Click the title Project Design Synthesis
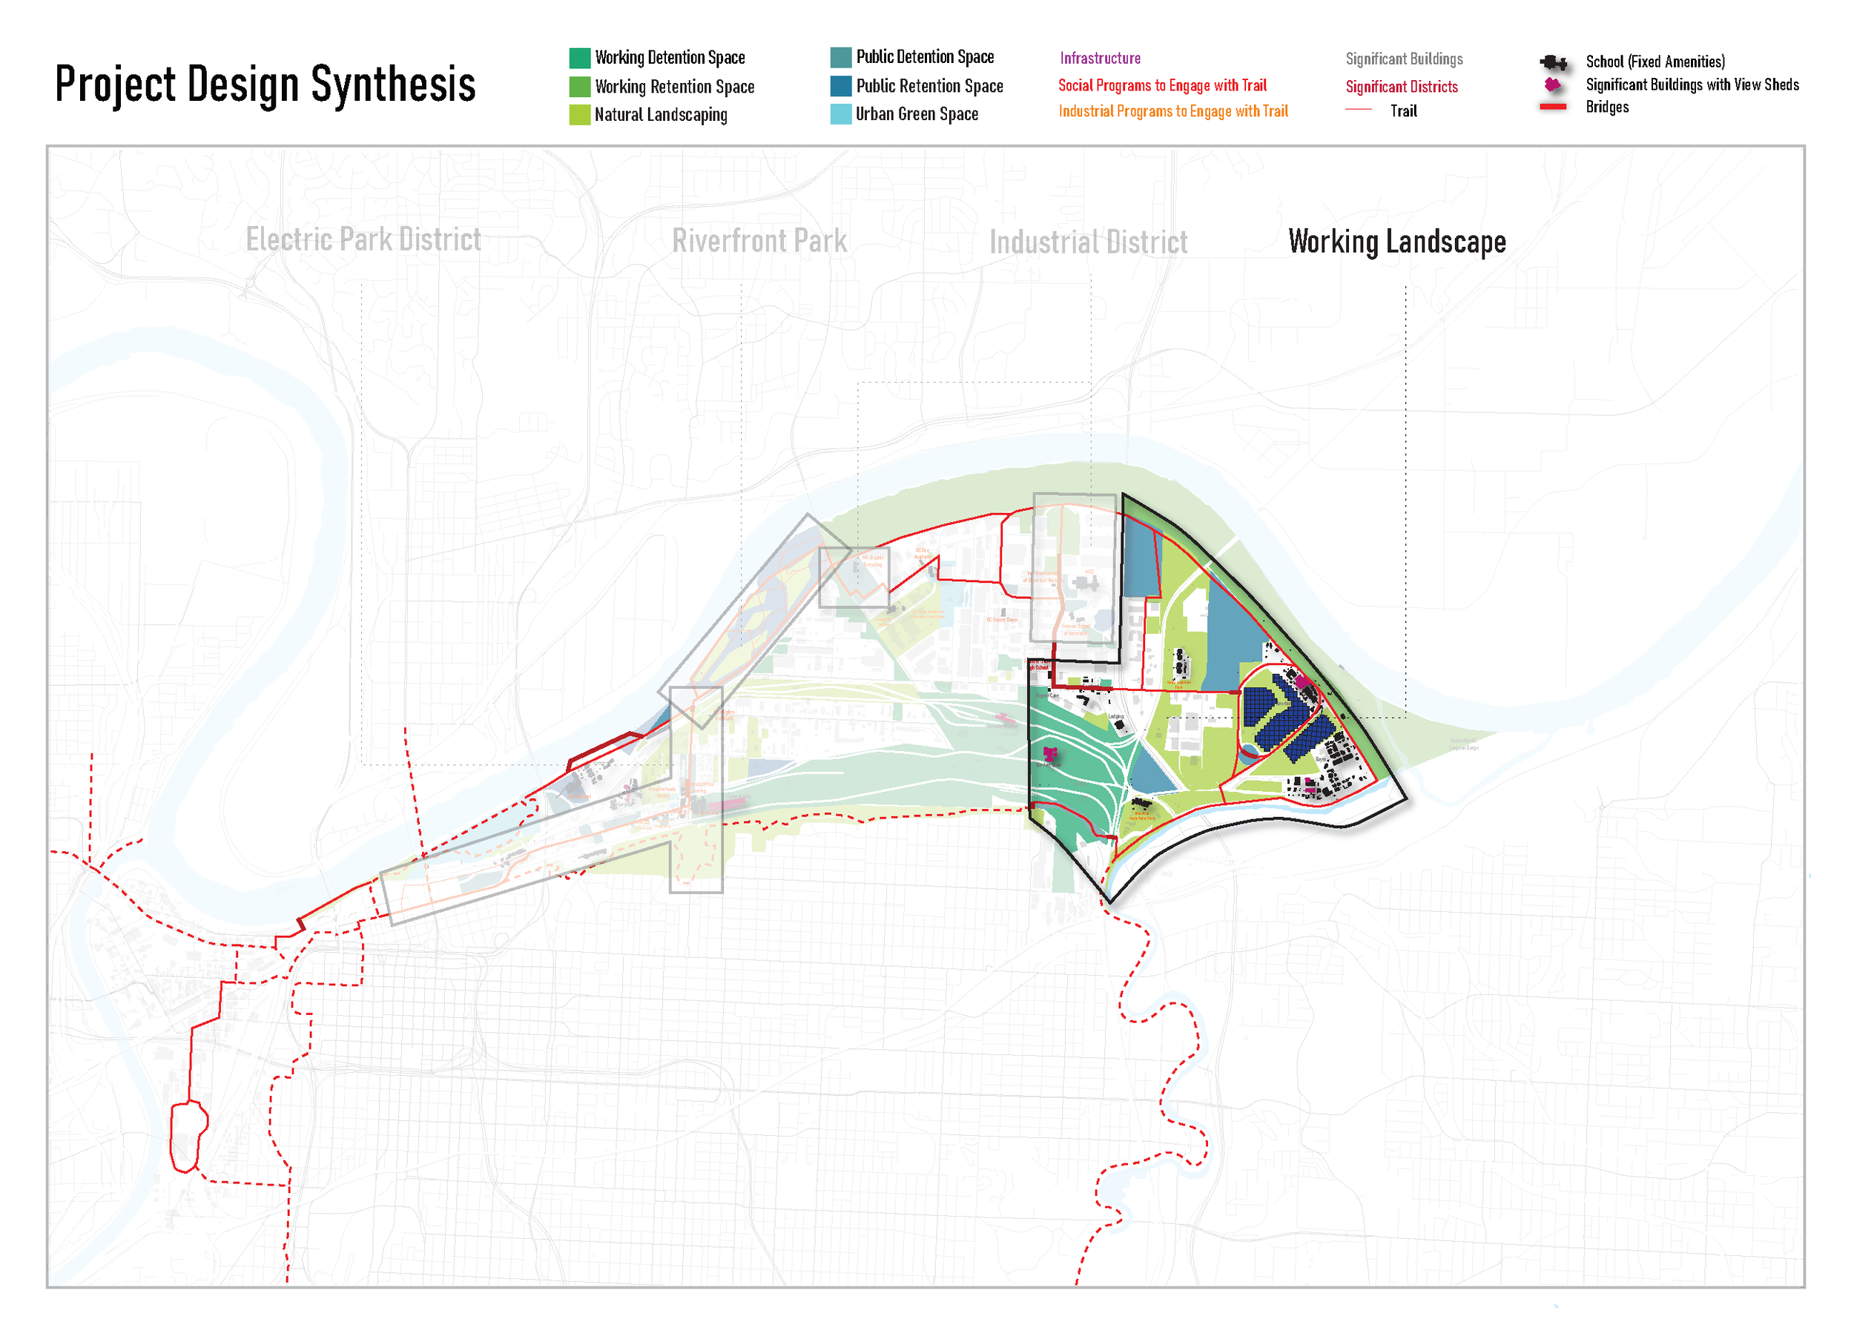[265, 85]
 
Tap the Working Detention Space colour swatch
[580, 58]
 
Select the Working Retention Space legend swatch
[580, 87]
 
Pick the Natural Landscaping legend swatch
[580, 114]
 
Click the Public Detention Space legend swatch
[840, 57]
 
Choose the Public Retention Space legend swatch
[840, 86]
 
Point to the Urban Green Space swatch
[840, 113]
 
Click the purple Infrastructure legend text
[1100, 58]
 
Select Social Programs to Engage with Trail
[1161, 85]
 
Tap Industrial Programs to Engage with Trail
[1172, 111]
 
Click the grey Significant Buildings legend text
[1404, 59]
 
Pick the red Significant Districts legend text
[1401, 87]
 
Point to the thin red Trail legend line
[1358, 110]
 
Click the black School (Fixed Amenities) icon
[1553, 63]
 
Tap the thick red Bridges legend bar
[1552, 107]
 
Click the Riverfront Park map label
[759, 241]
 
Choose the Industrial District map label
[1088, 242]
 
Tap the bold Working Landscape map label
[1396, 242]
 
